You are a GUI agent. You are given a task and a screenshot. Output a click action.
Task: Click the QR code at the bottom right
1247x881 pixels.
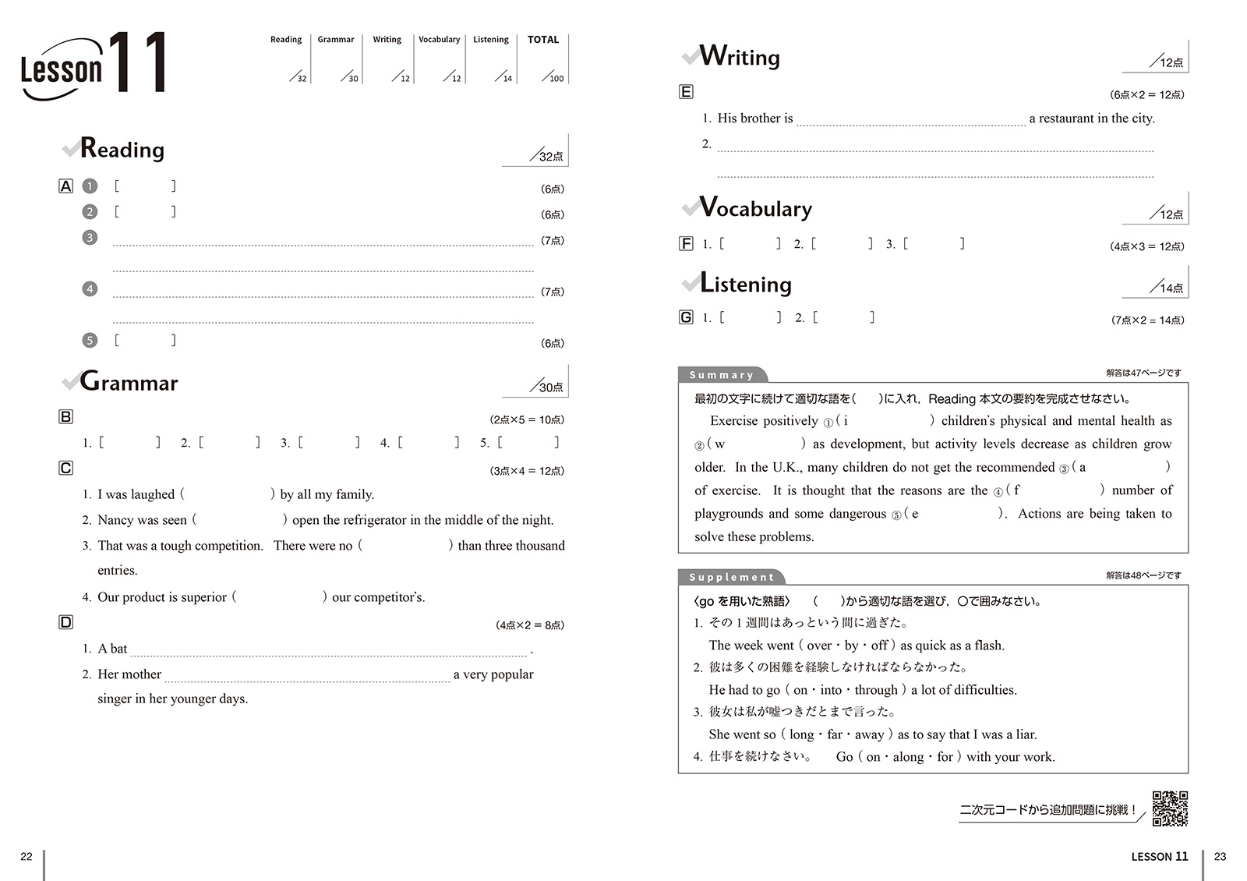[1170, 808]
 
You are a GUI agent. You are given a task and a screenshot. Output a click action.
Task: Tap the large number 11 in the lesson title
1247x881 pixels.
[137, 62]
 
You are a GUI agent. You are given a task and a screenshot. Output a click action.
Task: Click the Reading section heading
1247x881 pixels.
[122, 149]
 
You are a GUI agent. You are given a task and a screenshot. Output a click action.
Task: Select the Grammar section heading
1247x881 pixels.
[129, 382]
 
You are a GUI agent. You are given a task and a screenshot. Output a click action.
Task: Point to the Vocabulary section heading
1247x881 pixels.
[755, 208]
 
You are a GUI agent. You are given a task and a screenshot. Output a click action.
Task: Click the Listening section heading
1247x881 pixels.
[746, 284]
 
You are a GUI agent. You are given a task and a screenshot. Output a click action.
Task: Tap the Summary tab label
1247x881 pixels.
[722, 375]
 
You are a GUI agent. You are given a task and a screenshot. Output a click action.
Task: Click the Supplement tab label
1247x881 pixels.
[731, 577]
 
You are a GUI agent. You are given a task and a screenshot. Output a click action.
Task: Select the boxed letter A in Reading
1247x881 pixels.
[66, 186]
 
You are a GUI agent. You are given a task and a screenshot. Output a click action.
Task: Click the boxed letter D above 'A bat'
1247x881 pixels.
[66, 622]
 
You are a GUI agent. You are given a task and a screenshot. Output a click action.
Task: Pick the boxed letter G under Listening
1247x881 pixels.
[686, 317]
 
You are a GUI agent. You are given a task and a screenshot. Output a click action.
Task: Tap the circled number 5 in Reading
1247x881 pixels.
[90, 341]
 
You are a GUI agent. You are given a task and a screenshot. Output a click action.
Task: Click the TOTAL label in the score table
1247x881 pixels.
[543, 40]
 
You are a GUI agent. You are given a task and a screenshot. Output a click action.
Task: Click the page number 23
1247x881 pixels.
[1220, 856]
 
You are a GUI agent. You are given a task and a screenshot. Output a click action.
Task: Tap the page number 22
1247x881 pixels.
[26, 856]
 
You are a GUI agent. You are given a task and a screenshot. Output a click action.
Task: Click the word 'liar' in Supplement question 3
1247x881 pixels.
[1026, 734]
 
